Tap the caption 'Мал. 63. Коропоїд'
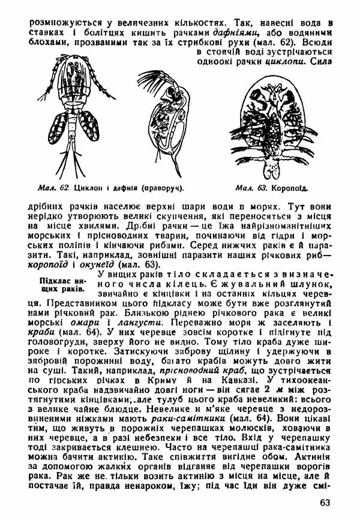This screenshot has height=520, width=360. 272,188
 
